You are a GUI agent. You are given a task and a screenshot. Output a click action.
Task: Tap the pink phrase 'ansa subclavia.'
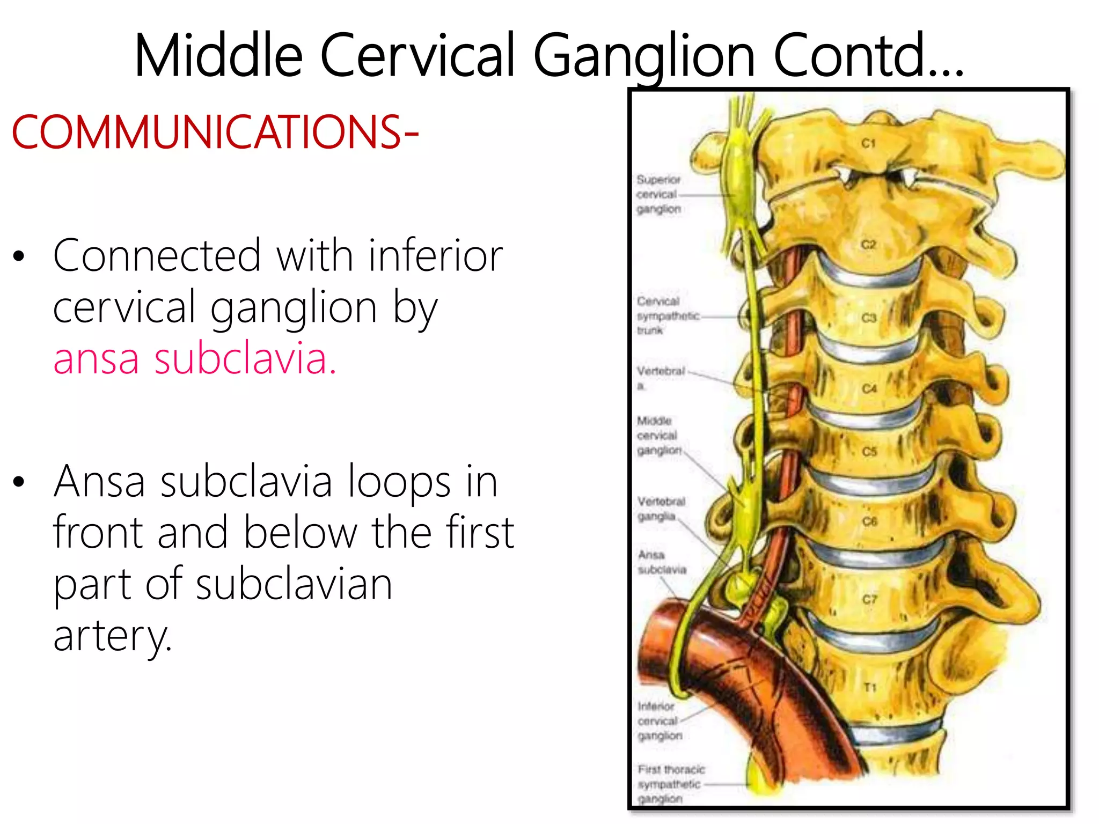tap(195, 358)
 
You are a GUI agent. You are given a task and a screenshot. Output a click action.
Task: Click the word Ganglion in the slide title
tap(644, 56)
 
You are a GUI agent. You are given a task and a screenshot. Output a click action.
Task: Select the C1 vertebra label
tap(868, 143)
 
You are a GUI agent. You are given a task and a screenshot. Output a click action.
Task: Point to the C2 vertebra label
tap(868, 245)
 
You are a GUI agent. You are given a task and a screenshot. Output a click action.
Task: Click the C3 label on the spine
tap(869, 318)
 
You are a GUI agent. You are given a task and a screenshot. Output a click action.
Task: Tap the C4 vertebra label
tap(869, 388)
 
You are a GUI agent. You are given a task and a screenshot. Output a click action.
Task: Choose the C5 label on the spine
tap(869, 452)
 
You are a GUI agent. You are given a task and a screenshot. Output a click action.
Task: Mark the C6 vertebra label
tap(869, 521)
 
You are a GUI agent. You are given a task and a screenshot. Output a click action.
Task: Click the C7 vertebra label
tap(869, 599)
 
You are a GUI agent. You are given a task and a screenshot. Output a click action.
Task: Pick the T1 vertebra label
tap(869, 688)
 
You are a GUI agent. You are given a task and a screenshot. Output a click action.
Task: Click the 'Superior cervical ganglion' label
tap(658, 194)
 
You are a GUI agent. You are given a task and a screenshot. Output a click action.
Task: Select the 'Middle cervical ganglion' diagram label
tap(658, 435)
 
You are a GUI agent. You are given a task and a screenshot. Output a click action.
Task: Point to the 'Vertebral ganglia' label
tap(661, 509)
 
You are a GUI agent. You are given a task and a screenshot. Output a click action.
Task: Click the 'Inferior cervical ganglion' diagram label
tap(660, 721)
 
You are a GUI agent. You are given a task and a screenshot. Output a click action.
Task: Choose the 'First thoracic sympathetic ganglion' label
tap(670, 784)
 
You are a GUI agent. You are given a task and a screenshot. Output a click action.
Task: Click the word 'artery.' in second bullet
tap(113, 636)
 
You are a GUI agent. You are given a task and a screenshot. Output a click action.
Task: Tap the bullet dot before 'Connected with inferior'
tap(19, 256)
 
